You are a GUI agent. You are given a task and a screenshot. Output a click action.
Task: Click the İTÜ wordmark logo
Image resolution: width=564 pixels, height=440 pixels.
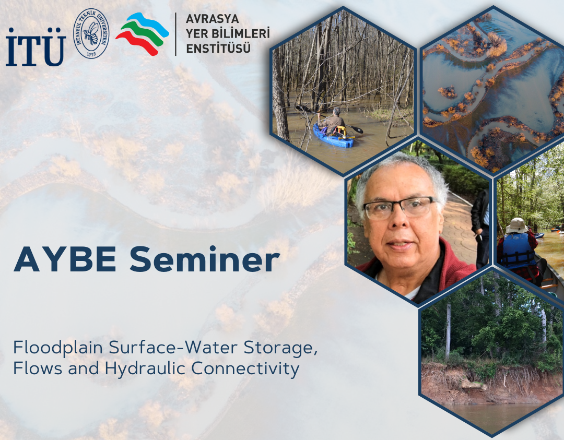click(x=36, y=47)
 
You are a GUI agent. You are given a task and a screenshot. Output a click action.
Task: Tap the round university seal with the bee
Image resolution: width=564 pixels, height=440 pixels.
click(x=91, y=33)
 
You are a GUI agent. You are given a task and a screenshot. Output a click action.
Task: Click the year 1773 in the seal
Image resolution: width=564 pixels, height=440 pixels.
click(x=91, y=54)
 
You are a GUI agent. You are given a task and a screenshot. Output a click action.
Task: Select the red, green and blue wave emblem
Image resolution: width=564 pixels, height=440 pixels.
click(x=142, y=34)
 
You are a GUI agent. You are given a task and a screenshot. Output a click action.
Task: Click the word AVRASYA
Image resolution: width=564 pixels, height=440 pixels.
click(x=212, y=19)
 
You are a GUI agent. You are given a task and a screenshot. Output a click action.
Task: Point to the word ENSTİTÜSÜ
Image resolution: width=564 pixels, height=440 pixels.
click(x=218, y=48)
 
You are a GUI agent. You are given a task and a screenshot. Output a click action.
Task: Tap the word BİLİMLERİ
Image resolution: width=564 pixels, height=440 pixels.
click(x=239, y=33)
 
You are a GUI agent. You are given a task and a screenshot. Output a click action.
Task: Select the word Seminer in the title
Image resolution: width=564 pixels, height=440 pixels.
click(x=205, y=259)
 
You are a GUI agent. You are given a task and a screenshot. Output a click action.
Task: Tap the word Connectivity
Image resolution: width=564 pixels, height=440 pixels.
click(x=245, y=369)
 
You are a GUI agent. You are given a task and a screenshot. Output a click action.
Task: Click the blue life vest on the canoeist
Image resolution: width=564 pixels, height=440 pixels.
click(x=518, y=251)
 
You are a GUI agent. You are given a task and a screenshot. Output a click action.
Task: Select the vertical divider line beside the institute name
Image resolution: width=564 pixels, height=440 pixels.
click(x=175, y=34)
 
